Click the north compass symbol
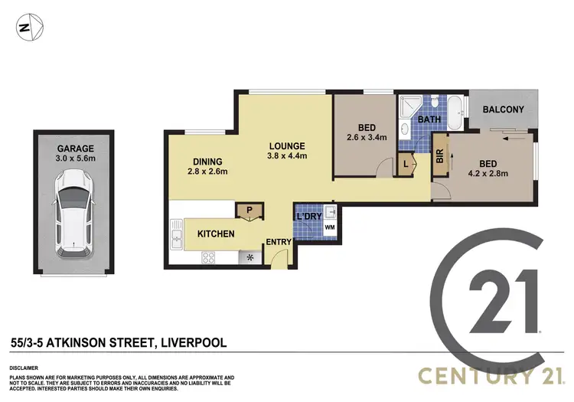coord(25,29)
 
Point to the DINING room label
coord(207,162)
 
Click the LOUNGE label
coord(287,145)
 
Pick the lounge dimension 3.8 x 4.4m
coord(287,156)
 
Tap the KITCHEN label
coord(216,234)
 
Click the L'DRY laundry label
coord(308,217)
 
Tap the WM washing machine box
coord(330,227)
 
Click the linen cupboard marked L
coord(406,163)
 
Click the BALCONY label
coord(503,109)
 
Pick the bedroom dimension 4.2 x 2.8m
coord(489,173)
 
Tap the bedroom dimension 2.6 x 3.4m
coord(367,138)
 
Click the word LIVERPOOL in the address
coord(191,343)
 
